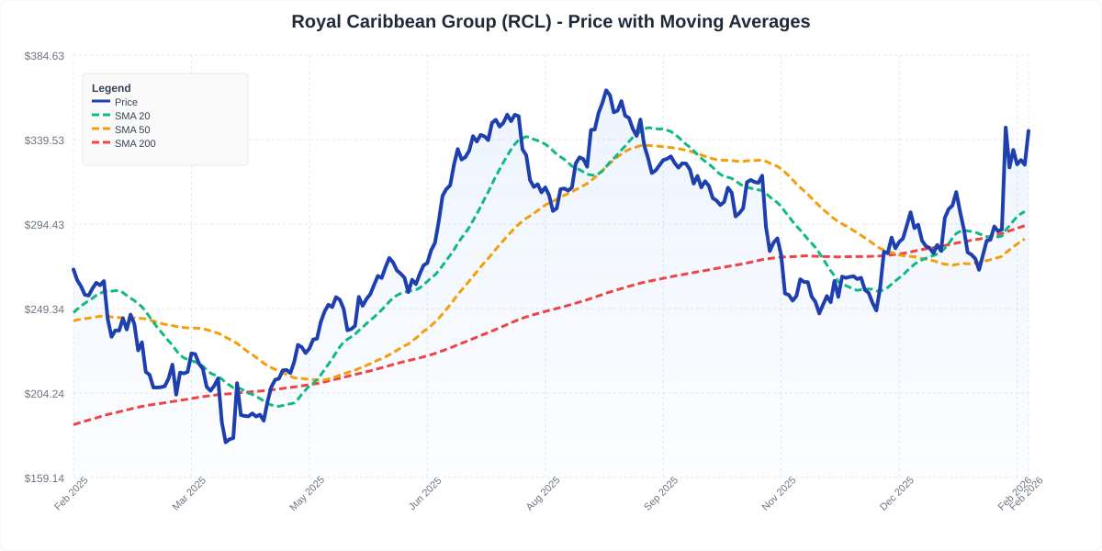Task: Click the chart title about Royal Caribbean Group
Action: point(551,21)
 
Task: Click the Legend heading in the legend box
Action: point(111,88)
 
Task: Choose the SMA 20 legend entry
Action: point(132,116)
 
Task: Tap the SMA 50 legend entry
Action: point(132,129)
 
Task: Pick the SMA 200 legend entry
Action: point(135,143)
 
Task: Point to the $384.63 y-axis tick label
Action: point(44,56)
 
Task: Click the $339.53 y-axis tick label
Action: point(44,141)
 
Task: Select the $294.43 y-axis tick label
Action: point(44,225)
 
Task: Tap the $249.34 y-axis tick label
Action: point(44,309)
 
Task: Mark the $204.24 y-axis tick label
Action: point(44,394)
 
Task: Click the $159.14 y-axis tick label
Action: point(44,478)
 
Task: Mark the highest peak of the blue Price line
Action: point(606,90)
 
